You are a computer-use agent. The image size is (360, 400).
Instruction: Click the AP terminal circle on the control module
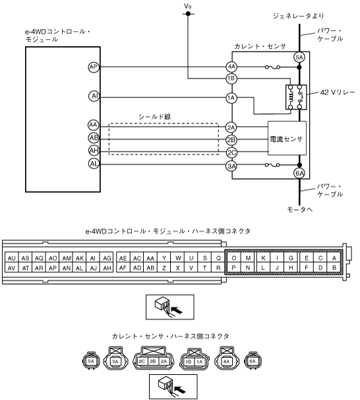tap(94, 67)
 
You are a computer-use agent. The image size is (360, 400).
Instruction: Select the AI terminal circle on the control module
tap(94, 96)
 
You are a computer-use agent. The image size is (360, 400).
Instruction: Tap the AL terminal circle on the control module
tap(94, 164)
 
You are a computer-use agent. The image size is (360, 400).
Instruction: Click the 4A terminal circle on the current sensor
tap(231, 67)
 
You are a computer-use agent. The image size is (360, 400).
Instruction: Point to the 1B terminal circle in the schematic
tap(231, 79)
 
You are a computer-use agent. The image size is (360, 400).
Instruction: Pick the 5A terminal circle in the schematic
tap(299, 57)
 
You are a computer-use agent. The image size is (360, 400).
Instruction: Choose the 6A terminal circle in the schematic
tap(299, 174)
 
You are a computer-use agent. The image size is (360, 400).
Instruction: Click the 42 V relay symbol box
tap(296, 97)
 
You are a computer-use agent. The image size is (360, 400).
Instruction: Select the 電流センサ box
tap(287, 138)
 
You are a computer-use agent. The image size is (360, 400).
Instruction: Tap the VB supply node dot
tap(188, 13)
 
